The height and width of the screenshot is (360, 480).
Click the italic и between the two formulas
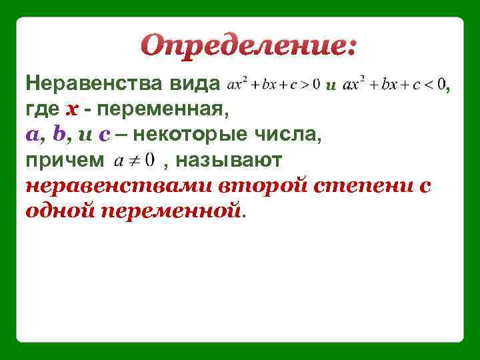click(x=329, y=85)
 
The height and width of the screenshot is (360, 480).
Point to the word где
click(x=42, y=109)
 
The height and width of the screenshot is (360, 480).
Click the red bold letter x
click(x=72, y=110)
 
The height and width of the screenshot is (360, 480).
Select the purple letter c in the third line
click(x=103, y=135)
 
